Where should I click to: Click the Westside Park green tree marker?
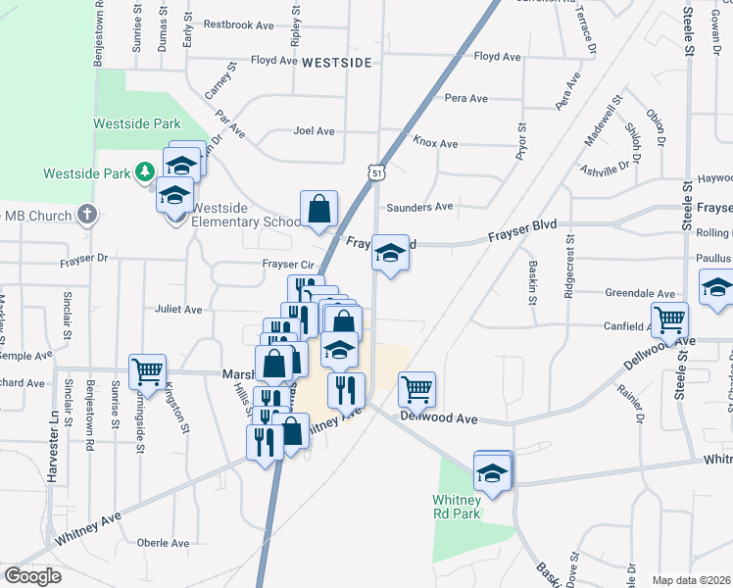145,173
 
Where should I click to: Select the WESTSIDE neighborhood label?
336,62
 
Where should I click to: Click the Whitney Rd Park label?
457,507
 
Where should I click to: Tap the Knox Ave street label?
435,143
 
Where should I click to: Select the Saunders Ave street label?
419,207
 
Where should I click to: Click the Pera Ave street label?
466,98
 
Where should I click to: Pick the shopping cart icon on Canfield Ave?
669,318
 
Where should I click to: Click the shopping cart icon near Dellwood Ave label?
416,389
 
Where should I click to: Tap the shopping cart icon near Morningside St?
147,370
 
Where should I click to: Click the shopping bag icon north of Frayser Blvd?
318,208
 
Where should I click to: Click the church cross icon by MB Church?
87,214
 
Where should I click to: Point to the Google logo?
32,575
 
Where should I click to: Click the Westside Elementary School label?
246,215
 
